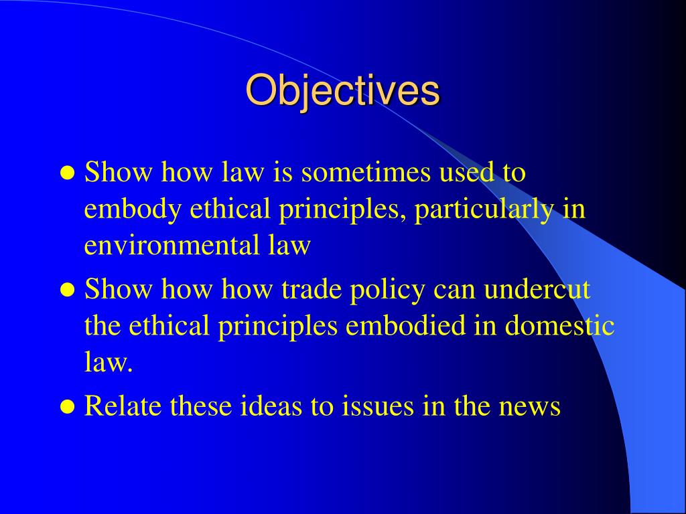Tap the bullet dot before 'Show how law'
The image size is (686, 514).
(x=67, y=173)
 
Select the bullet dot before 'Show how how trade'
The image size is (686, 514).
(x=67, y=290)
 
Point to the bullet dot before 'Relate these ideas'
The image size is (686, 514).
(x=67, y=406)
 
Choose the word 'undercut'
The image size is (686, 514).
(x=537, y=289)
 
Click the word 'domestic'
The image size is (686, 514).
(x=559, y=326)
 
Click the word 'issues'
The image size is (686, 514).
(x=365, y=406)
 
